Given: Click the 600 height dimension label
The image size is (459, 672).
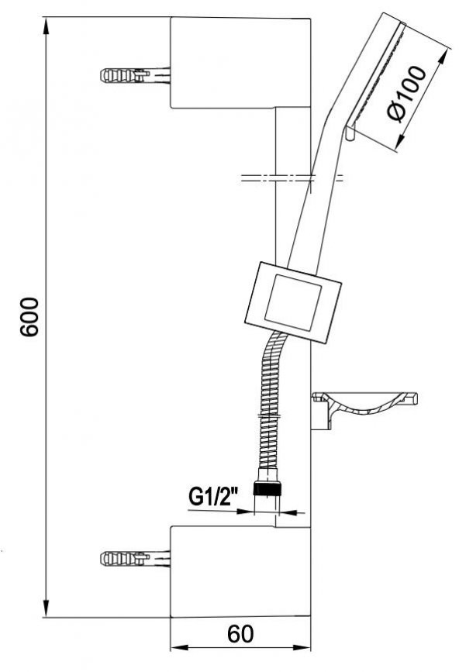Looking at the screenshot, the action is (30, 317).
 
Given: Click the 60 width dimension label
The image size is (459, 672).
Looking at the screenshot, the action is (240, 633).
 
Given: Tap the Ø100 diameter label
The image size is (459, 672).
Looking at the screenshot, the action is (407, 94).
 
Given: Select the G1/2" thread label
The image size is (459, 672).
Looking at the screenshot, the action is (213, 498).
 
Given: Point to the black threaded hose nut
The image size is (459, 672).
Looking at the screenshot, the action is (267, 488).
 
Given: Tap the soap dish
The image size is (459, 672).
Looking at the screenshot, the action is (364, 406).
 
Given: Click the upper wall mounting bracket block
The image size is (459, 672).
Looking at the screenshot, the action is (240, 63).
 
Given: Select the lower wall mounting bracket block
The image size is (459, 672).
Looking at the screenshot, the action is (240, 571).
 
